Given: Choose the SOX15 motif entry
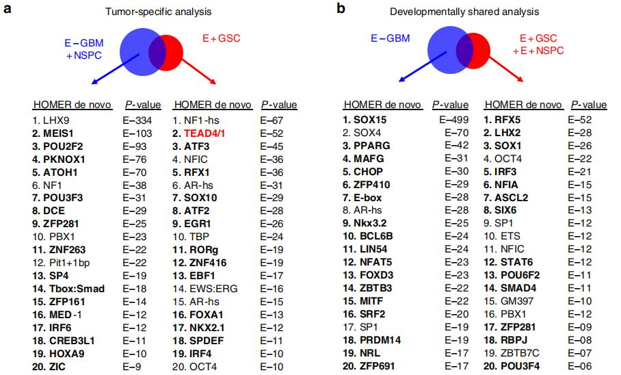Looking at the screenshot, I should coord(370,119).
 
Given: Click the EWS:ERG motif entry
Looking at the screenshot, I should coord(209,288).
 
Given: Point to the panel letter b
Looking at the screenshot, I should coord(341,10).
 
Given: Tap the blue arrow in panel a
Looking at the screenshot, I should coord(116,68).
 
